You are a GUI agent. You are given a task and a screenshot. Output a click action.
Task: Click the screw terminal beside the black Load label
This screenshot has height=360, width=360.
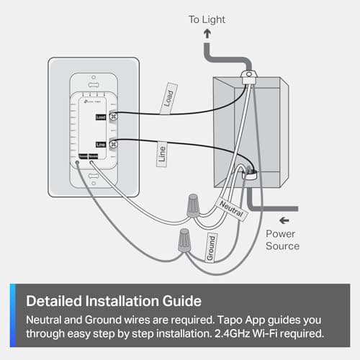113,115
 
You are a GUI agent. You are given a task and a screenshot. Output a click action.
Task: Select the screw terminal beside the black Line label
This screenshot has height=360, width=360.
113,144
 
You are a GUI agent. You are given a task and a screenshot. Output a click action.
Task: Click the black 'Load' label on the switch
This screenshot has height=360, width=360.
101,116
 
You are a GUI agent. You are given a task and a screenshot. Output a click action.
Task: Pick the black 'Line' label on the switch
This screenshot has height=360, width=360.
101,145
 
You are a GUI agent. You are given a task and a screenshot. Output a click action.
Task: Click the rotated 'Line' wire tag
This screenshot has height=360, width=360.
163,153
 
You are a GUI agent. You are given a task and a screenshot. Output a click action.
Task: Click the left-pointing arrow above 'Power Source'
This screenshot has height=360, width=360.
287,219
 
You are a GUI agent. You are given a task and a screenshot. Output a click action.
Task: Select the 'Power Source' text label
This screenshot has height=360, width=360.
282,240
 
